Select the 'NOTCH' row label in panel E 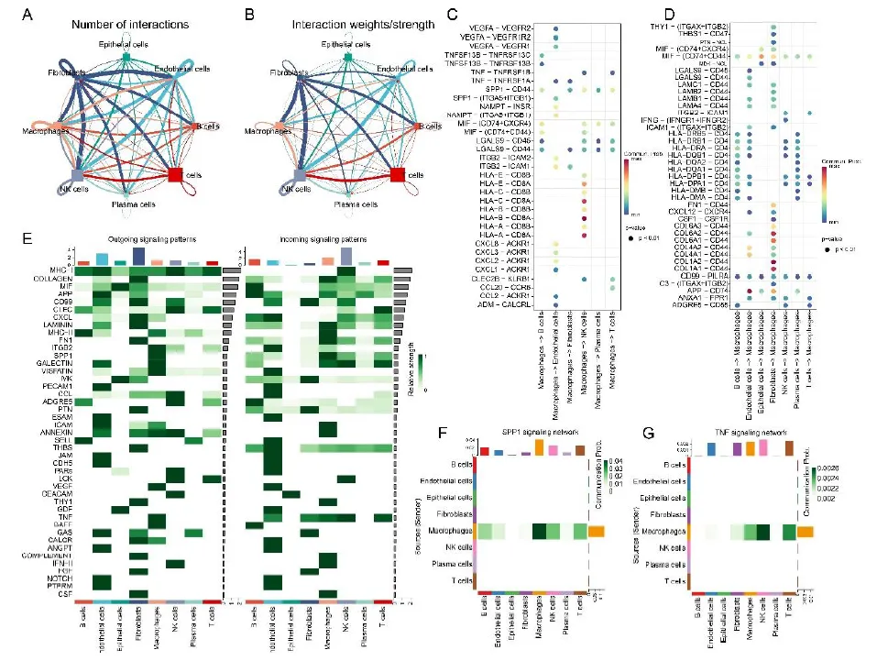pos(56,579)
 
